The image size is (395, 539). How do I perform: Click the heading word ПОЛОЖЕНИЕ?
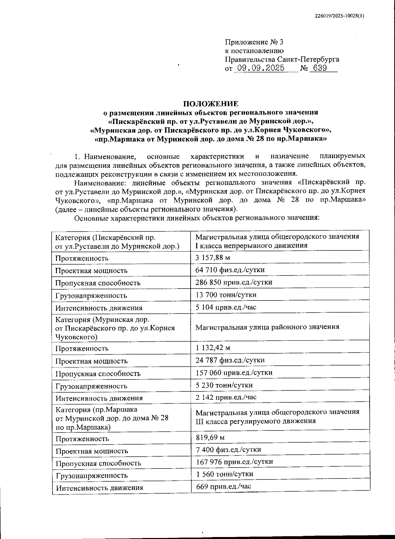(x=211, y=104)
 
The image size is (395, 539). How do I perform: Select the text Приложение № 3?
(x=254, y=42)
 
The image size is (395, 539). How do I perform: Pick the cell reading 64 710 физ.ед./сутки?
(x=230, y=270)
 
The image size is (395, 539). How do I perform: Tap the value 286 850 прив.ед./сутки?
(x=234, y=282)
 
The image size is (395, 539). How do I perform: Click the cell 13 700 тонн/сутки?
(x=226, y=295)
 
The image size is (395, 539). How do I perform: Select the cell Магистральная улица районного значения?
(x=267, y=327)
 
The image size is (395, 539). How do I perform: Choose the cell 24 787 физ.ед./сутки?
(x=230, y=360)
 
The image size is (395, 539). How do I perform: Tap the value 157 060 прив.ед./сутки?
(x=234, y=372)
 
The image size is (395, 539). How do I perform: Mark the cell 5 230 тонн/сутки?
(x=224, y=385)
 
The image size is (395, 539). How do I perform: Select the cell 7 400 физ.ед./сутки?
(x=228, y=449)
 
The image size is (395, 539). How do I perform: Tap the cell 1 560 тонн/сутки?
(x=224, y=474)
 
